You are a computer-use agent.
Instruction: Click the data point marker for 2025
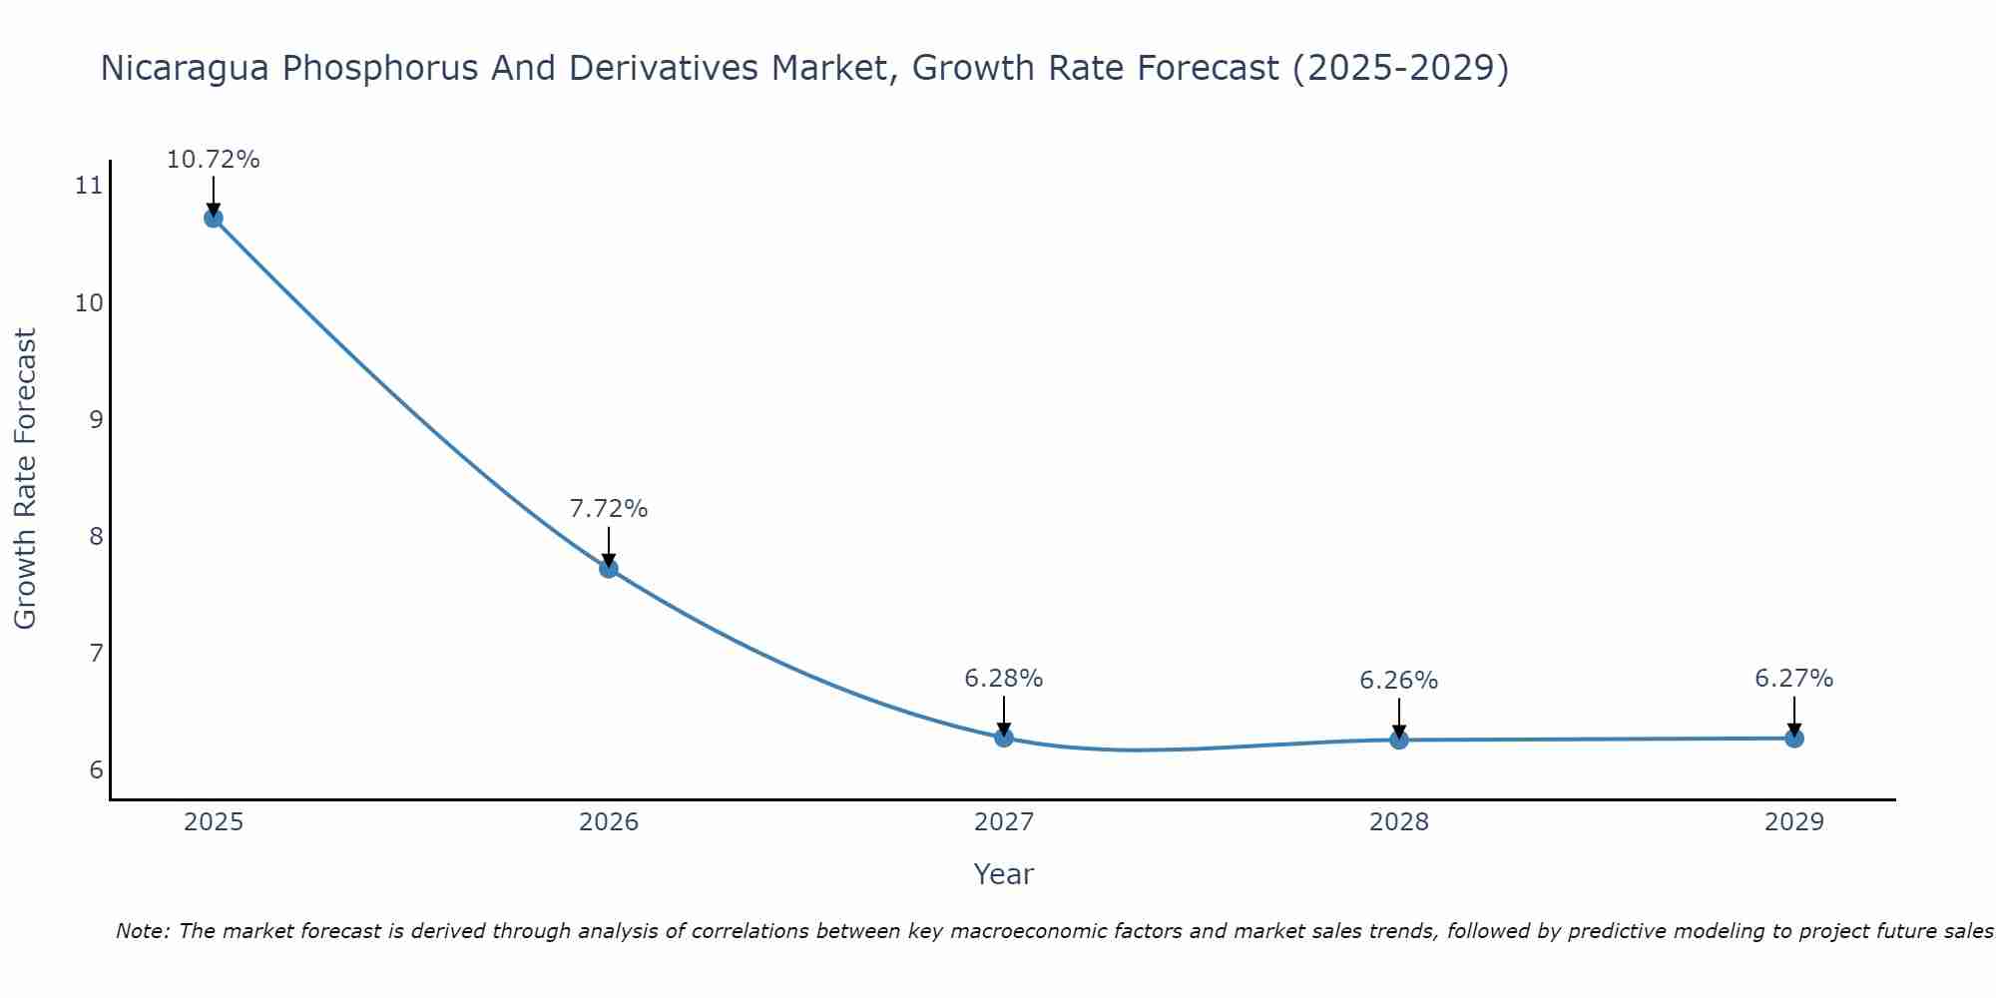coord(214,219)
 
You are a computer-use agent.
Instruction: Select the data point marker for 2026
coord(609,569)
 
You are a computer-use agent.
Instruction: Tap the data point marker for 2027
coord(1004,738)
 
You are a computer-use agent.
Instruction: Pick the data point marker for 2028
coord(1399,740)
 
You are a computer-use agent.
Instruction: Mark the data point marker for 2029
coord(1794,739)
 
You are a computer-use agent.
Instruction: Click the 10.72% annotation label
coord(214,160)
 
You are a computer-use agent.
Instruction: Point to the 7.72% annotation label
coord(609,509)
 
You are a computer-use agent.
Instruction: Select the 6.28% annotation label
coord(1004,679)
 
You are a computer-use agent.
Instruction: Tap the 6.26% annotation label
coord(1399,681)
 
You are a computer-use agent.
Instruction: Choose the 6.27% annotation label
coord(1794,679)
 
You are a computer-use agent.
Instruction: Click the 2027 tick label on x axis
coord(1004,822)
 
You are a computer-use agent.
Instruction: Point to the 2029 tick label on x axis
coord(1794,822)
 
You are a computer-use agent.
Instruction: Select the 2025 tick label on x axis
coord(214,822)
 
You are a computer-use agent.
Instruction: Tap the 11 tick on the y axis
coord(89,186)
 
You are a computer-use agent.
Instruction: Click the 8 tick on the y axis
coord(96,537)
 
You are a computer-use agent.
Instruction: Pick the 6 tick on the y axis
coord(96,770)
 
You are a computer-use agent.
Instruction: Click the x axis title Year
coord(1004,874)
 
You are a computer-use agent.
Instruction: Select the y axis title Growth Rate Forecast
coord(26,479)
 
